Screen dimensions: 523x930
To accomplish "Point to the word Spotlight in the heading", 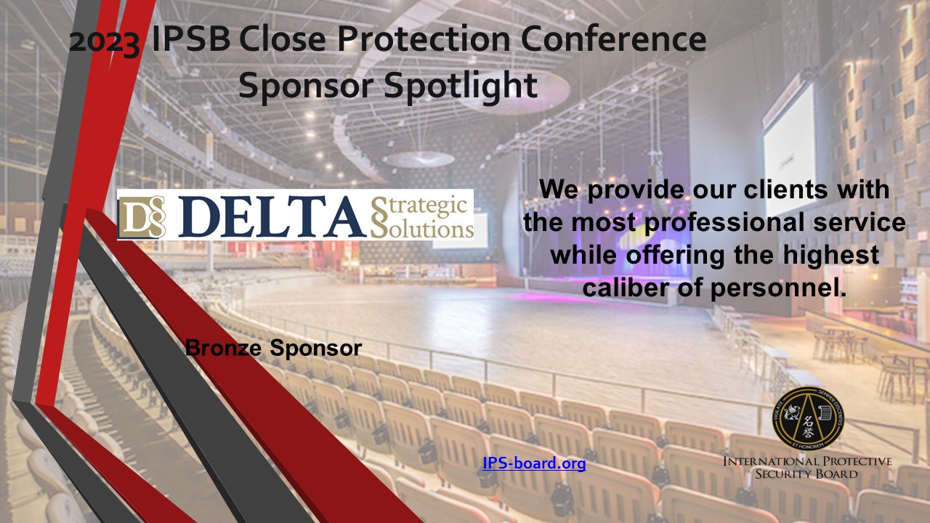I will click(460, 86).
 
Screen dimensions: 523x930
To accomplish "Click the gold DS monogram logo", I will click(142, 215).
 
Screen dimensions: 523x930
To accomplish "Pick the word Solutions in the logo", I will click(422, 228).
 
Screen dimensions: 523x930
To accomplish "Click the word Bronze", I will click(225, 348).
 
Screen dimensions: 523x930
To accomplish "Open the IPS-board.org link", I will click(534, 463).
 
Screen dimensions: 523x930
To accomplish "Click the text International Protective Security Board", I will click(806, 468).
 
